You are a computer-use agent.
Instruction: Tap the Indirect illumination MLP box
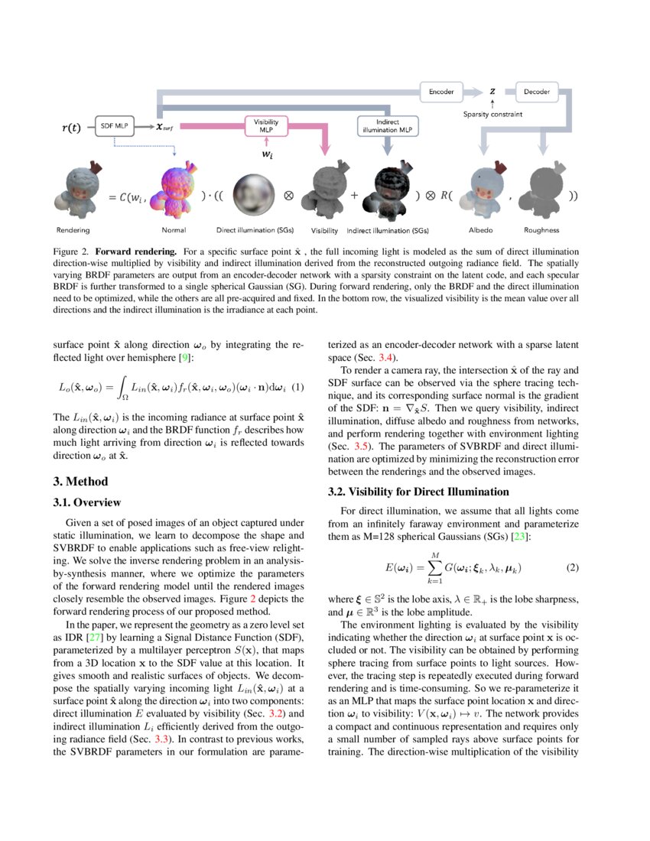click(388, 126)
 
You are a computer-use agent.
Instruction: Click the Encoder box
click(442, 93)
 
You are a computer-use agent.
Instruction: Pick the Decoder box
click(536, 93)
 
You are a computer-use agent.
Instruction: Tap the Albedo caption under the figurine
click(482, 229)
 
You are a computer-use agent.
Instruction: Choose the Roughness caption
click(541, 229)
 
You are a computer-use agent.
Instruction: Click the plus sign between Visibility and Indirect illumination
click(354, 195)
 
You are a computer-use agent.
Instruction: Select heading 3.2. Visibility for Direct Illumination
click(418, 492)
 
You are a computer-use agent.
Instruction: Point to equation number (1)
click(299, 388)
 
